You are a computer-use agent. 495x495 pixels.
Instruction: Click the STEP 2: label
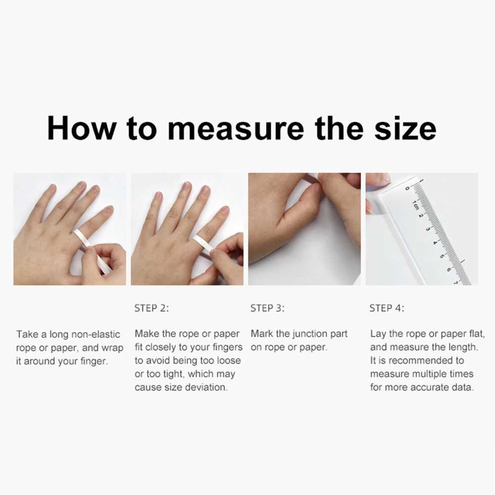[x=151, y=309]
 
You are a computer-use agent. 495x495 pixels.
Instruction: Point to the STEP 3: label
[x=268, y=309]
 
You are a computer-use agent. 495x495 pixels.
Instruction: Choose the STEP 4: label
[x=387, y=309]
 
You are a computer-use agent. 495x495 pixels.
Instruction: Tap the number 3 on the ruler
[x=427, y=229]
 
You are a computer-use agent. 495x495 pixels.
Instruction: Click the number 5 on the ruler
[x=441, y=256]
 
